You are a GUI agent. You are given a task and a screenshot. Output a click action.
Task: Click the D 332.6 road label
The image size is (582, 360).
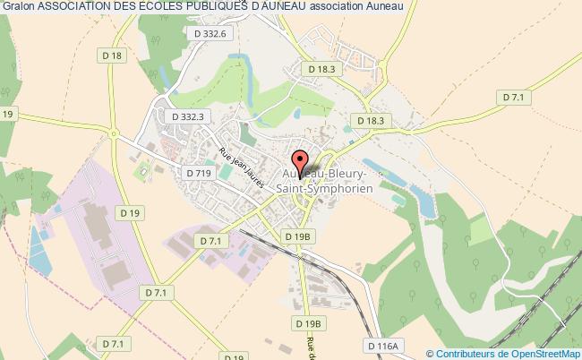coord(212,33)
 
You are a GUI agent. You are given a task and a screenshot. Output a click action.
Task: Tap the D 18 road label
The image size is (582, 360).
coord(113,56)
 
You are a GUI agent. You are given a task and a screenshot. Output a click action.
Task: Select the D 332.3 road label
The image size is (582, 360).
coord(187,116)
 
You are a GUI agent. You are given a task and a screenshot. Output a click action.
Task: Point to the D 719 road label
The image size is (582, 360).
coord(198,172)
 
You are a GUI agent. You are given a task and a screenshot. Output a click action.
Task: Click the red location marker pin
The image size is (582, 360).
coord(301,163)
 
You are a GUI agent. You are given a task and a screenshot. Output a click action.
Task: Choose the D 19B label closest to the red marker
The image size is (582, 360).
coord(297,236)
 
